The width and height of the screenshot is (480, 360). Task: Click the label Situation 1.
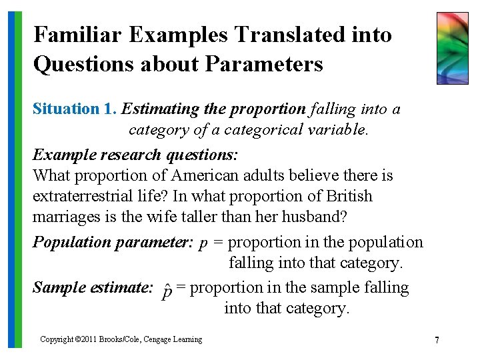click(75, 109)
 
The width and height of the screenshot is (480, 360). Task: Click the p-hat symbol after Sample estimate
click(168, 291)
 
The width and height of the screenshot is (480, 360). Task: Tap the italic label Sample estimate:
click(93, 287)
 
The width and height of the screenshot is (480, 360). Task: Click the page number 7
click(437, 340)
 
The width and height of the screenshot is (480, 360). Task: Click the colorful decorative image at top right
click(453, 48)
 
